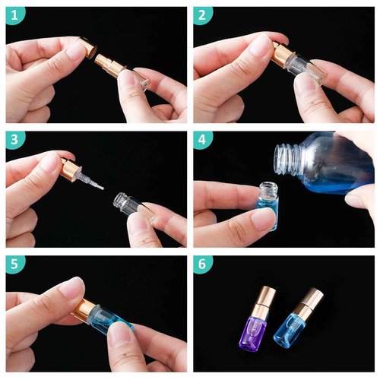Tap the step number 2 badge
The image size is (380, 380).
click(203, 14)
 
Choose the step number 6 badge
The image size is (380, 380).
click(203, 264)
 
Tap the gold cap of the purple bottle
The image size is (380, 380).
click(271, 299)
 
